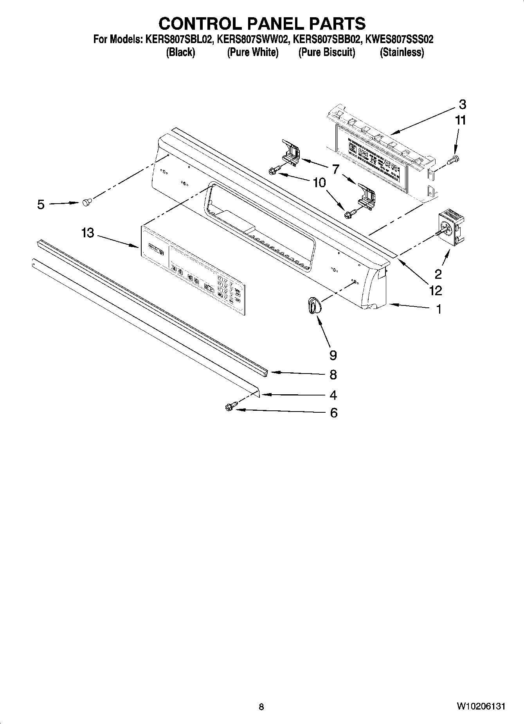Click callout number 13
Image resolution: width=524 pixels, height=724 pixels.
pyautogui.click(x=88, y=233)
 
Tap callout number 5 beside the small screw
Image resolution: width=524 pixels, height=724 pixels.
pyautogui.click(x=41, y=204)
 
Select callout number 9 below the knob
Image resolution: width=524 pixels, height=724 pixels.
pyautogui.click(x=333, y=355)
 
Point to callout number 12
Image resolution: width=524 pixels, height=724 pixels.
pyautogui.click(x=435, y=291)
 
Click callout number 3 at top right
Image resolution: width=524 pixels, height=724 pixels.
pyautogui.click(x=463, y=105)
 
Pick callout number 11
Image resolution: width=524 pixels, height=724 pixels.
pyautogui.click(x=461, y=120)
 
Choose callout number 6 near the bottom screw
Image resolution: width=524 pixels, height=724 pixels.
pyautogui.click(x=333, y=413)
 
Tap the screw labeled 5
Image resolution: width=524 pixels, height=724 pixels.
pyautogui.click(x=86, y=202)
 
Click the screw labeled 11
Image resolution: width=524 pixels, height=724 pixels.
pyautogui.click(x=455, y=159)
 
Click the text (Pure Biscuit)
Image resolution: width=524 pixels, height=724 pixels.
pyautogui.click(x=327, y=52)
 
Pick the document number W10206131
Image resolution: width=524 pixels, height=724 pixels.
pyautogui.click(x=481, y=706)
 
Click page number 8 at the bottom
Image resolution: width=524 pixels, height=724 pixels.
pyautogui.click(x=261, y=707)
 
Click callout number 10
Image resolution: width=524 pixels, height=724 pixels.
pyautogui.click(x=319, y=182)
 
